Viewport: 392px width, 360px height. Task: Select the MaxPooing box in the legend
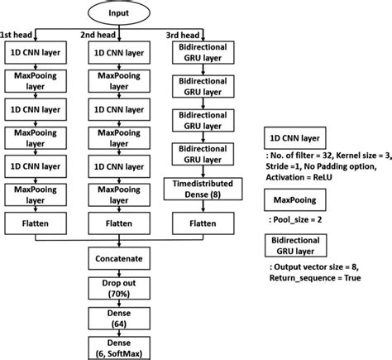point(289,199)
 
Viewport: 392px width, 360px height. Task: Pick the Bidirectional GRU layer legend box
point(296,246)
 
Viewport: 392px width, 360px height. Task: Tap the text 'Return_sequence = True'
point(315,279)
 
